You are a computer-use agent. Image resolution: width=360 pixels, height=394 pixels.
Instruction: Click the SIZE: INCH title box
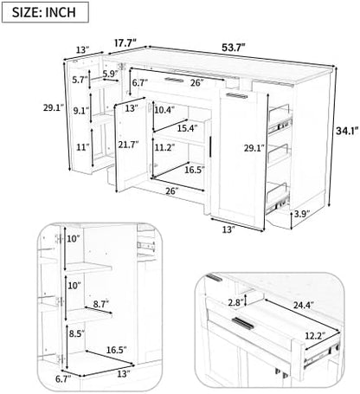coord(45,12)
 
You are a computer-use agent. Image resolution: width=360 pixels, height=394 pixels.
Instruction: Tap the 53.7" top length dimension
coord(234,48)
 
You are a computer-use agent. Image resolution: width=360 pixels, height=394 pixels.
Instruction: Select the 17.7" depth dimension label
coord(125,43)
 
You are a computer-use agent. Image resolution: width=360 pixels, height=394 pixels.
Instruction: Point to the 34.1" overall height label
coord(347,131)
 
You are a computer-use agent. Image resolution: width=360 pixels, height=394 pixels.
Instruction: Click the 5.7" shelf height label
coord(80,80)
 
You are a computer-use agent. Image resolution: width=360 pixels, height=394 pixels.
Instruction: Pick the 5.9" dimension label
coord(111,74)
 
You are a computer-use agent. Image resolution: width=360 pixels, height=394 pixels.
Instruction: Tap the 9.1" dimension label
coord(80,111)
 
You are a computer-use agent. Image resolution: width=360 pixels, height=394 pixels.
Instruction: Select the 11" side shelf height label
coord(81,147)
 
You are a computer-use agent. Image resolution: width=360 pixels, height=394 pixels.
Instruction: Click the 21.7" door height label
coord(128,144)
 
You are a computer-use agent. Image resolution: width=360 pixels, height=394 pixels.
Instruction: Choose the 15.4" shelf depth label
coord(187,128)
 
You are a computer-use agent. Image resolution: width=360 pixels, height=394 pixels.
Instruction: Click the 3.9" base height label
coord(302,214)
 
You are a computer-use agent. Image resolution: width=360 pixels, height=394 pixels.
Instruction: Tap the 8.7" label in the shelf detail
coord(101,304)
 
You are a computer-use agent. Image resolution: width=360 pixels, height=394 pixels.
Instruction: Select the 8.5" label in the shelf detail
coord(77,333)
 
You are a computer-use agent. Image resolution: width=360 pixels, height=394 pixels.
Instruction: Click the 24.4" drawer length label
coord(304,305)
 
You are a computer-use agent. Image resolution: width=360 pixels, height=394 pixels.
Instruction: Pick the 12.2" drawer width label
coord(315,336)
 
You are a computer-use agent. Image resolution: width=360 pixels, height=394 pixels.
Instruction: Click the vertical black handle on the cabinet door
coord(210,147)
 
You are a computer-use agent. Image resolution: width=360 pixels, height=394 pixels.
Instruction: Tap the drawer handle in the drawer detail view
coord(243,323)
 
